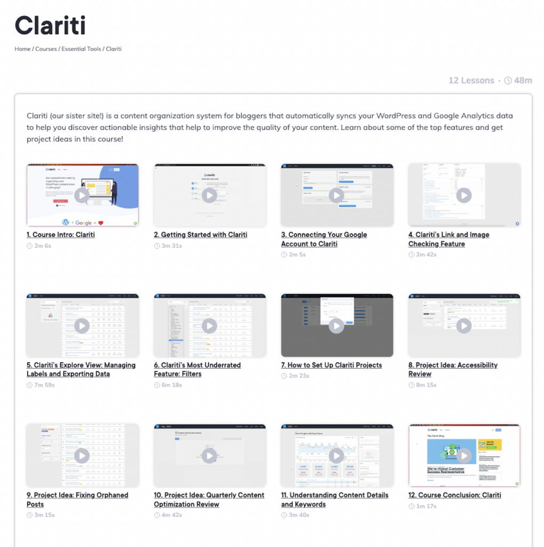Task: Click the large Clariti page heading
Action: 50,25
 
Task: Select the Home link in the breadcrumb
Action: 22,49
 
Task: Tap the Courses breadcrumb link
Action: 46,49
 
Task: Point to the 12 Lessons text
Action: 471,81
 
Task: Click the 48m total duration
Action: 523,81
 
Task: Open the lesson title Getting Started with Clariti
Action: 200,235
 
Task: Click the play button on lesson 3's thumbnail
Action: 336,196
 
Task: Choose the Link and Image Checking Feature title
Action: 448,239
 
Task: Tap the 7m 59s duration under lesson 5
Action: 44,385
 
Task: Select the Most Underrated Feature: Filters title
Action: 197,370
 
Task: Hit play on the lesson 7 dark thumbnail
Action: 336,325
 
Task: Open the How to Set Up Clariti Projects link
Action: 332,365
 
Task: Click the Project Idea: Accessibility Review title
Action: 453,370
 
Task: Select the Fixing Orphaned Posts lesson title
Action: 77,499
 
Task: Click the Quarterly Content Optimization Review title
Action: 209,499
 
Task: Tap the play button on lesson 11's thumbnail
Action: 336,456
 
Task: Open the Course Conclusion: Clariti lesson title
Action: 454,495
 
